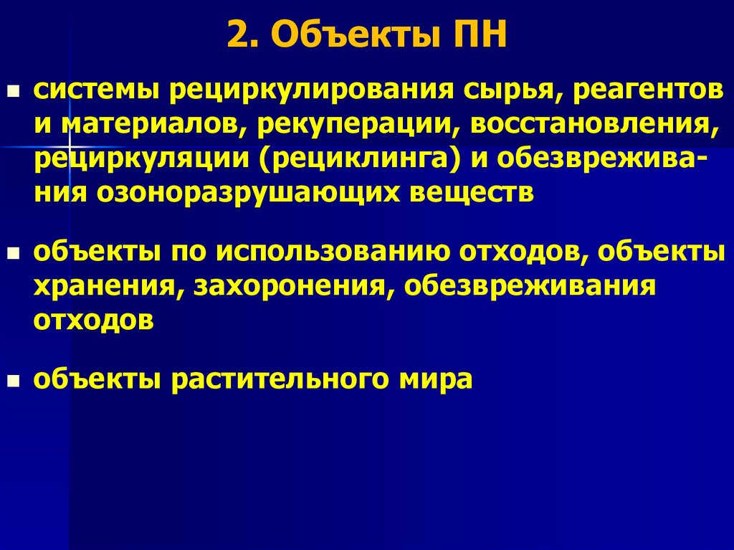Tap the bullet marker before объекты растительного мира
pos(12,380)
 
